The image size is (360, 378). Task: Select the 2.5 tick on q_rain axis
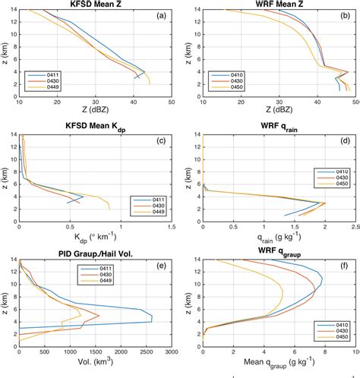pyautogui.click(x=355, y=228)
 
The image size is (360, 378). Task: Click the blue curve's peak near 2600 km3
pyautogui.click(x=152, y=317)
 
